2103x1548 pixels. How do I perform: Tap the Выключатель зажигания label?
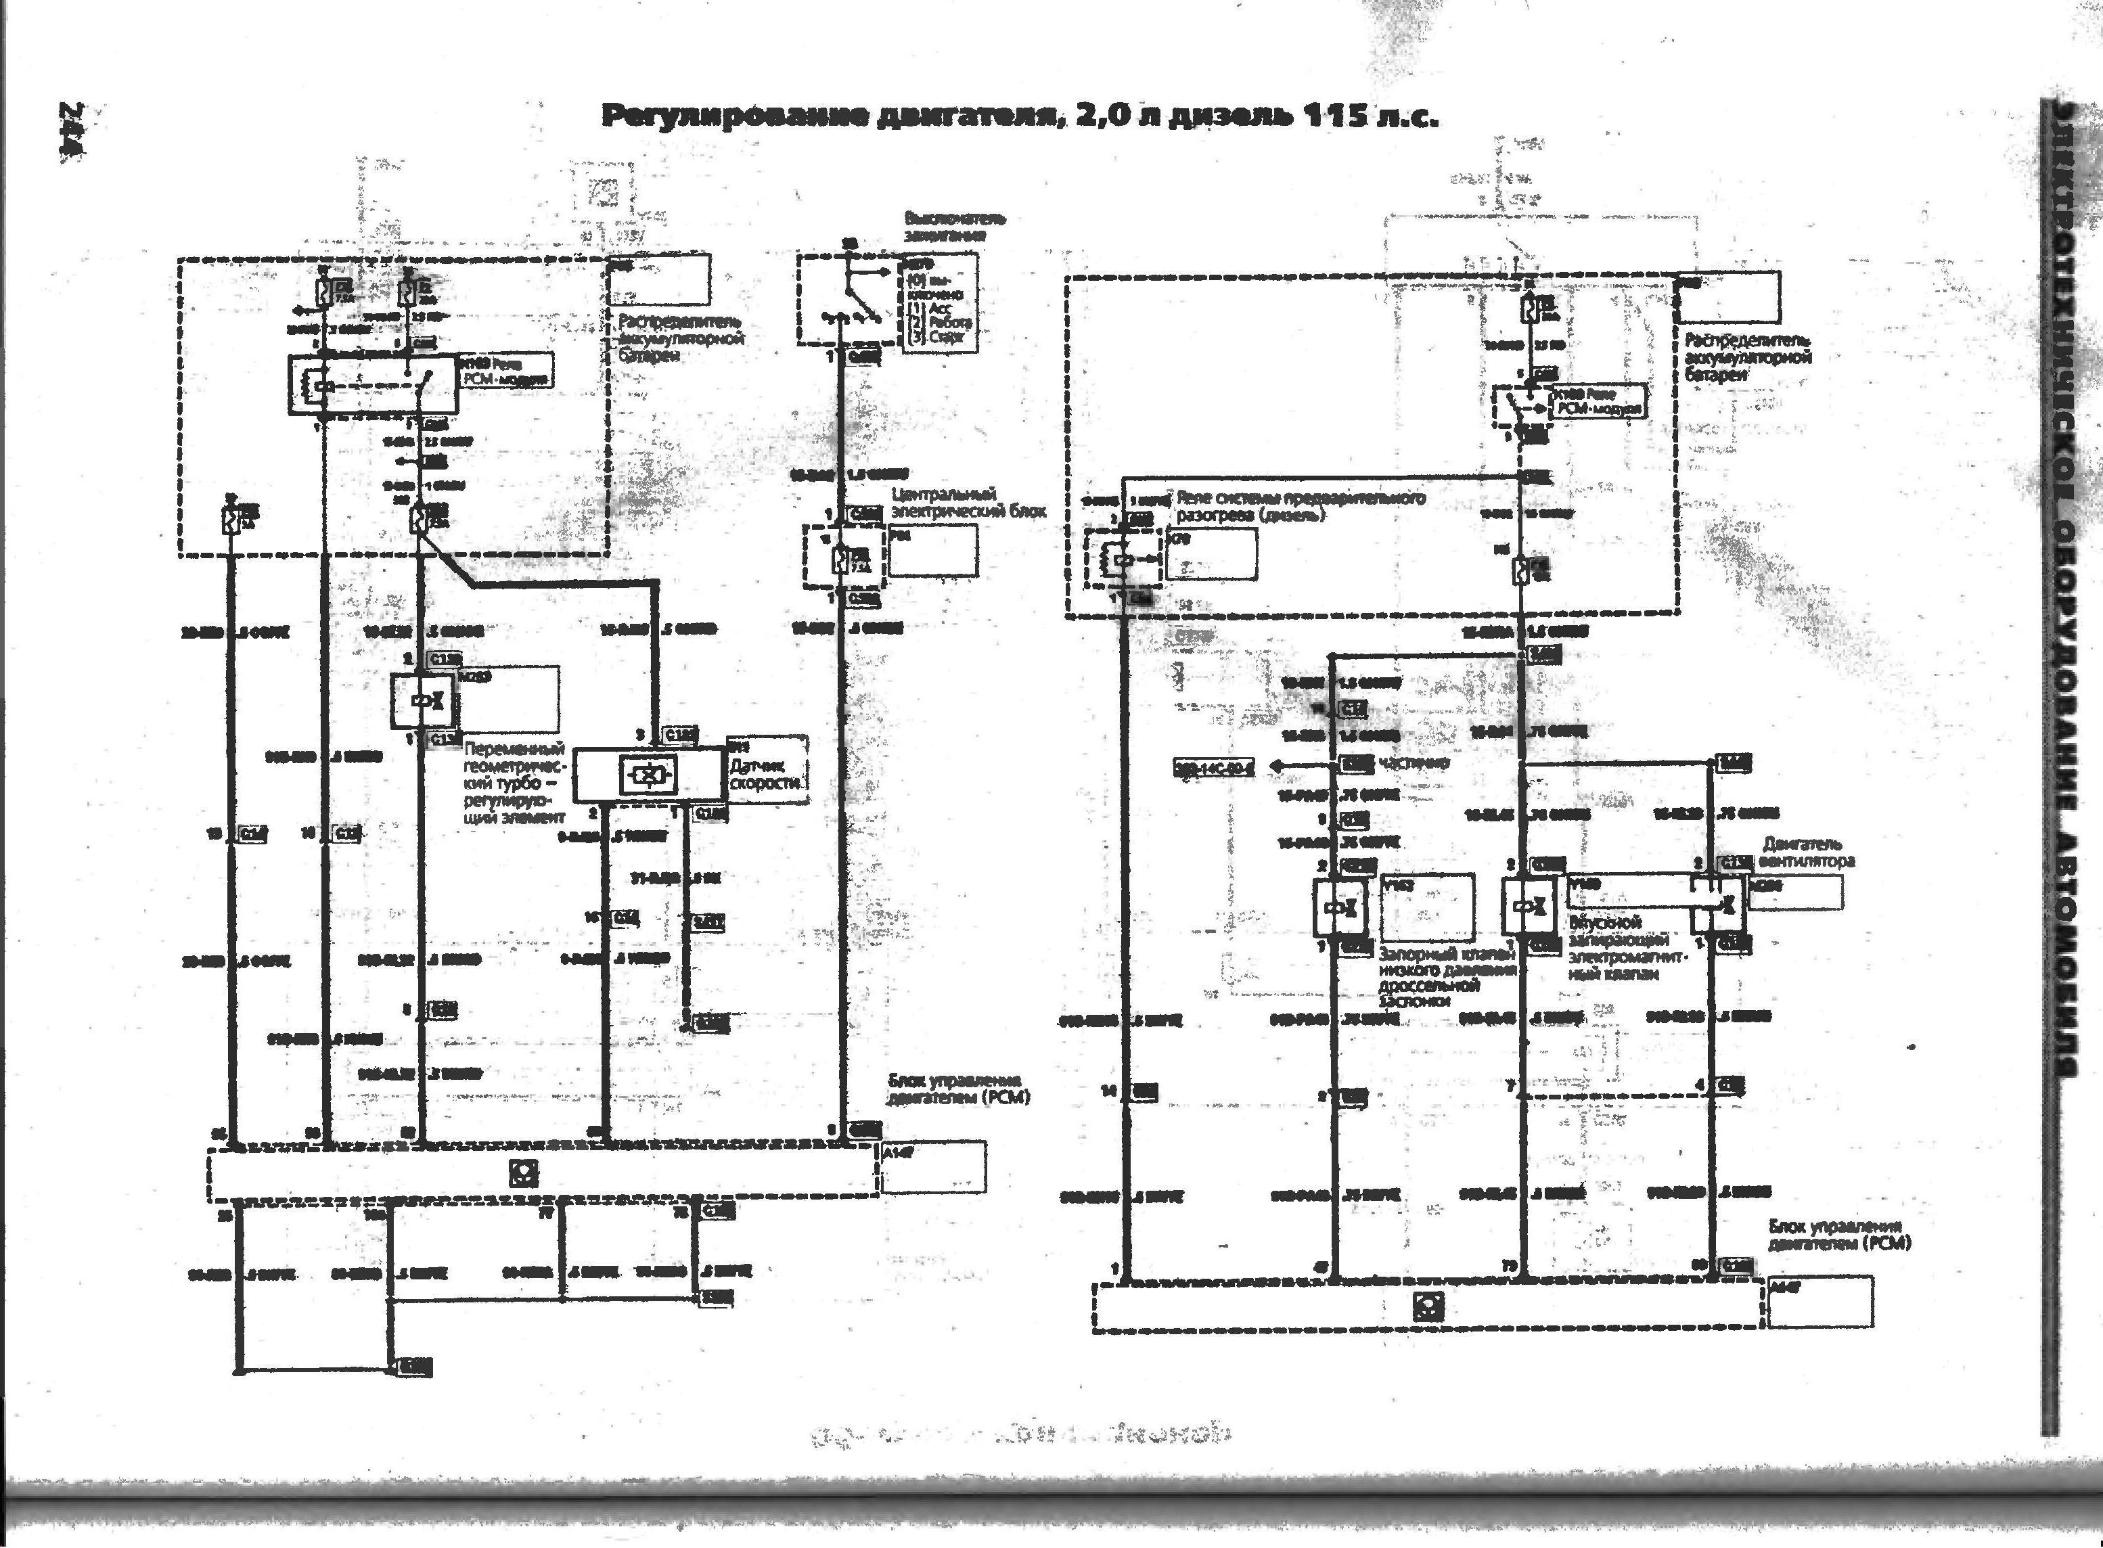coord(954,227)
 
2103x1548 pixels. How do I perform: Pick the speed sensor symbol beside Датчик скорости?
coord(650,774)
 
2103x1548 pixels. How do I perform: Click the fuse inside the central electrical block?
coord(840,560)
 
